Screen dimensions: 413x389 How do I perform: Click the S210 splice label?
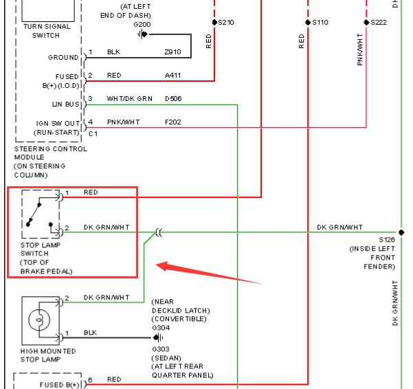pos(226,23)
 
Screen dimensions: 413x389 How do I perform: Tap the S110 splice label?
pos(320,23)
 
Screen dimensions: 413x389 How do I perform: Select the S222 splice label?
pos(379,23)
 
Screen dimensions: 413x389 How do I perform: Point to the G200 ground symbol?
pos(142,34)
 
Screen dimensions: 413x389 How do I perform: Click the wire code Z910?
pos(172,52)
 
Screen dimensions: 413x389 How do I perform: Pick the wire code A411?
pos(172,76)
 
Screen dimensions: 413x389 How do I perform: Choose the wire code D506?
pos(173,99)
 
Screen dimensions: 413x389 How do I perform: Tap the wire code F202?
pos(172,122)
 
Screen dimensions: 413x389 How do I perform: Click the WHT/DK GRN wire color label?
pos(130,99)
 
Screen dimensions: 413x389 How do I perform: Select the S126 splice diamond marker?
pos(401,232)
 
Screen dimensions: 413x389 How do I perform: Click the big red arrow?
pos(209,272)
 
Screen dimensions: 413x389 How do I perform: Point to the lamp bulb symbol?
pos(39,320)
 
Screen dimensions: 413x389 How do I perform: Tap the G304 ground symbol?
pos(158,337)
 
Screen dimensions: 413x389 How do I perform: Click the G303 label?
pos(161,349)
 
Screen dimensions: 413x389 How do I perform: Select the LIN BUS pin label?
pos(65,104)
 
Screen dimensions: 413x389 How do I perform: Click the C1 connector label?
pos(93,134)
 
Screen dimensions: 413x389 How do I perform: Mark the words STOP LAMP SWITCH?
pos(41,249)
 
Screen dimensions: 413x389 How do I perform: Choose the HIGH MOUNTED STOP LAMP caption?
pos(48,355)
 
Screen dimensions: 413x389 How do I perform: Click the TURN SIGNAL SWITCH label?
pos(47,31)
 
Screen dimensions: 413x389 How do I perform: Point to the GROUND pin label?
pos(63,58)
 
